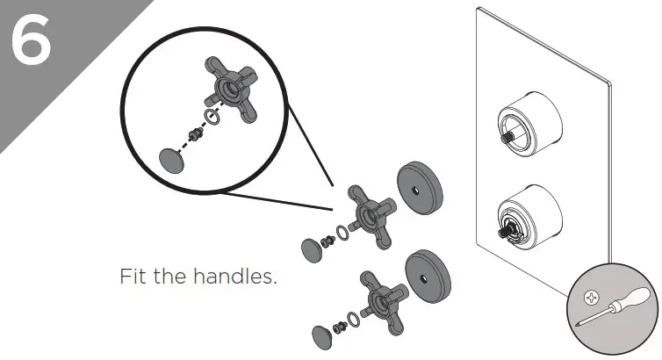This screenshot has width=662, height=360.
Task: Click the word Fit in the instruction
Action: [x=133, y=277]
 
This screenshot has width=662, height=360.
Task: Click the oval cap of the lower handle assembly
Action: [x=323, y=335]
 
